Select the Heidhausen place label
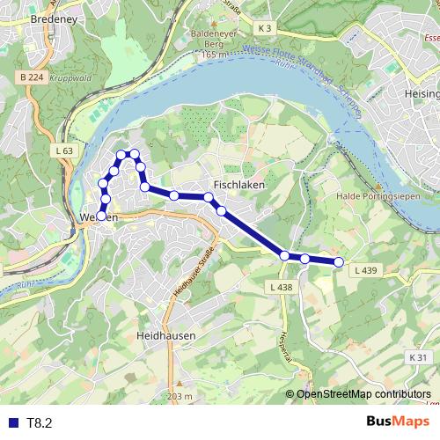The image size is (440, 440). [x=166, y=336]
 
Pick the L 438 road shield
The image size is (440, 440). [x=280, y=288]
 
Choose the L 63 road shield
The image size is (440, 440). [x=63, y=151]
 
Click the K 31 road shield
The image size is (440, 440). [x=417, y=356]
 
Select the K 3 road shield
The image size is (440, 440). [x=267, y=28]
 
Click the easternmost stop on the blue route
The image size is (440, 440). [x=339, y=261]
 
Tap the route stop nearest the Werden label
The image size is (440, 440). [x=102, y=215]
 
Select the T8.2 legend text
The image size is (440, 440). [x=40, y=423]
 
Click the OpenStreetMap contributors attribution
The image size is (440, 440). [x=363, y=394]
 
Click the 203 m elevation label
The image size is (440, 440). [x=179, y=397]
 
